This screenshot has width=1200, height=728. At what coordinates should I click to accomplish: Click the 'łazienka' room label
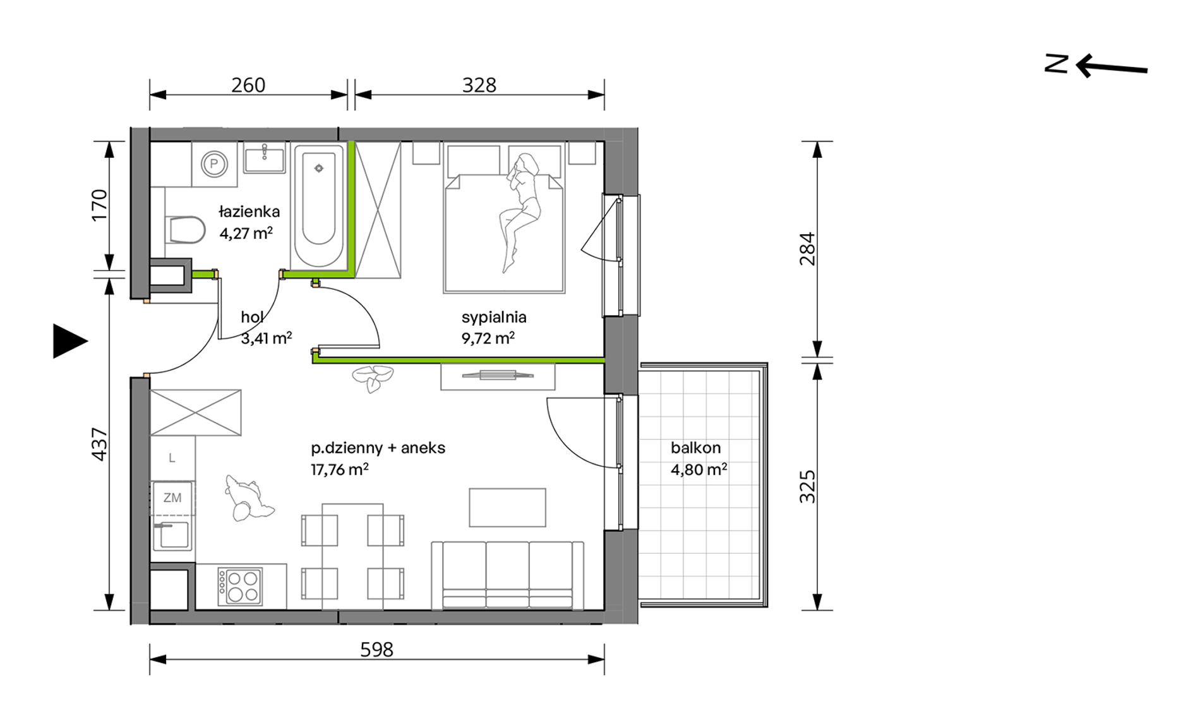(x=249, y=212)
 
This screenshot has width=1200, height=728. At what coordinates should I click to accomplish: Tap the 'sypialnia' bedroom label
(x=494, y=318)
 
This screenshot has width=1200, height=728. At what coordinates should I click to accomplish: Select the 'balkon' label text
(x=695, y=448)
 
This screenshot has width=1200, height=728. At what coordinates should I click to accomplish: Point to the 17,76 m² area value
(x=340, y=469)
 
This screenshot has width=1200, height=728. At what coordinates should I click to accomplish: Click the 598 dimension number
(x=376, y=649)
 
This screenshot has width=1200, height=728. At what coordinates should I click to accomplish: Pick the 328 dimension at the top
(x=479, y=85)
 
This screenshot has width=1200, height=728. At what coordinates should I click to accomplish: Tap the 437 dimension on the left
(x=100, y=445)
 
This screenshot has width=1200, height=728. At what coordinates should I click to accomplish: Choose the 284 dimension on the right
(x=808, y=249)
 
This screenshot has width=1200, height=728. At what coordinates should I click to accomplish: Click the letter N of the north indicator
(x=1056, y=64)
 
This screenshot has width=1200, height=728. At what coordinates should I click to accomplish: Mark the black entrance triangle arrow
(x=68, y=341)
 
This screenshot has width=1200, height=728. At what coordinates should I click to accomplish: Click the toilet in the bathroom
(x=185, y=230)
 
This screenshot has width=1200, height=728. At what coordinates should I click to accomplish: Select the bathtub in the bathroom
(x=319, y=206)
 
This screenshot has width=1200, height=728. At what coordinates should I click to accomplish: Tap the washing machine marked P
(x=214, y=164)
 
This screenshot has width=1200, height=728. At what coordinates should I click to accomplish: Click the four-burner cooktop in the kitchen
(x=240, y=587)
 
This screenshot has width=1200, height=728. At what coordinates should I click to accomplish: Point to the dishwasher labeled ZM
(x=172, y=498)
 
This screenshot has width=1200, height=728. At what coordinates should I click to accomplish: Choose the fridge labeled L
(x=172, y=458)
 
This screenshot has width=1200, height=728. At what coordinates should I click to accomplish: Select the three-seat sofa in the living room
(x=508, y=575)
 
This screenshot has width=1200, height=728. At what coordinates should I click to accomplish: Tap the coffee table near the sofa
(x=507, y=508)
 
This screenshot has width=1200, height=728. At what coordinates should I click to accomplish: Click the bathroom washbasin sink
(x=265, y=157)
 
